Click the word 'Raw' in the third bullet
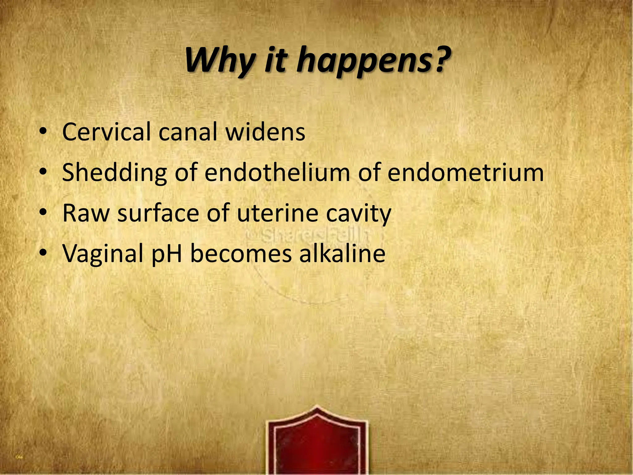point(86,213)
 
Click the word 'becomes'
point(241,254)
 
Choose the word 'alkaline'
point(342,254)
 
